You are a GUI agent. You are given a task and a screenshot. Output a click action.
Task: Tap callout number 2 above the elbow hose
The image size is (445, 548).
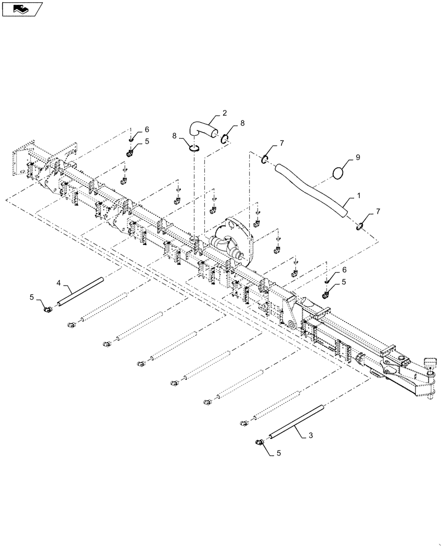[x=225, y=114]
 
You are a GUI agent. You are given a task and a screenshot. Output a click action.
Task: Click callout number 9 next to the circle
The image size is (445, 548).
[x=358, y=157]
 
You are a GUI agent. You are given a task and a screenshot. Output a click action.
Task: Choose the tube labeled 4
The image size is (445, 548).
[x=81, y=290]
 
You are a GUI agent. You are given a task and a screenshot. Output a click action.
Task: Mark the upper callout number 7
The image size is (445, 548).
[x=282, y=143]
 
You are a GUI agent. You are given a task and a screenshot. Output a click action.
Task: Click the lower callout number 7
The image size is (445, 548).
[x=377, y=210]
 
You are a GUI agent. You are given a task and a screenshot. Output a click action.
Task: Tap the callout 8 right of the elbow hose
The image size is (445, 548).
[x=242, y=124]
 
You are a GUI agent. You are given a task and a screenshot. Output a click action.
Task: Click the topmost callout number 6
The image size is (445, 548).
[x=147, y=130]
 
